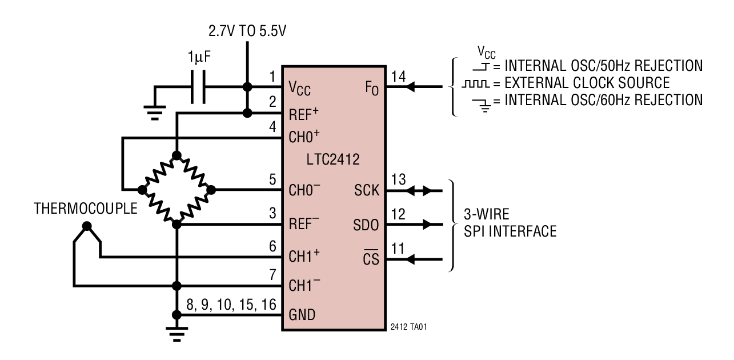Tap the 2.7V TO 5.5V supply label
point(248,29)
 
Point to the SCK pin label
point(367,190)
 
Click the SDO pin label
point(366,225)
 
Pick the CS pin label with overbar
point(371,259)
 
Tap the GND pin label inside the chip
point(301,315)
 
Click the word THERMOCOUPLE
point(86,208)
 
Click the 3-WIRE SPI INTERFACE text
point(509,223)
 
